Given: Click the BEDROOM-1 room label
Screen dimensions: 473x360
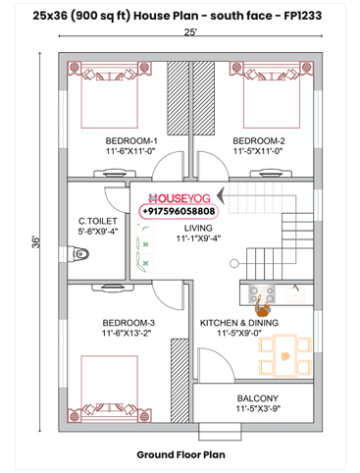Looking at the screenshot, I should pos(131,140).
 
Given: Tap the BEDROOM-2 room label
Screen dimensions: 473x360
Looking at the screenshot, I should pos(259,140).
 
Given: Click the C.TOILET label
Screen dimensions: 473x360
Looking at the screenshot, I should pos(98,221).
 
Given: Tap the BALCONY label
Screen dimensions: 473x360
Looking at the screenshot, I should pos(258,396).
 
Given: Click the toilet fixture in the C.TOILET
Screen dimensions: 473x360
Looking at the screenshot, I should pos(82,254).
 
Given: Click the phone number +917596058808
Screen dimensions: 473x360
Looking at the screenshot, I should pos(180,211).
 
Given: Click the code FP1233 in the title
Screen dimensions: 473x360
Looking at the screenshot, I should pos(309,15).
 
